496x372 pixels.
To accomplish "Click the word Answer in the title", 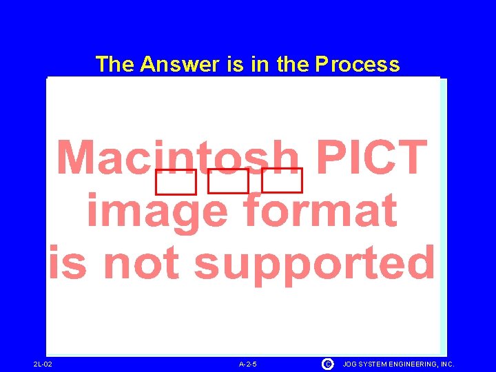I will [179, 64].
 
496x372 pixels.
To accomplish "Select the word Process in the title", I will [357, 64].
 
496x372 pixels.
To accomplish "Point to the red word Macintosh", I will [178, 157].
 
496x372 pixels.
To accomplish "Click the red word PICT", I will [371, 157].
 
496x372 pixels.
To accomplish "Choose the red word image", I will [156, 211].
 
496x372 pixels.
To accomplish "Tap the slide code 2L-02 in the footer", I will [43, 364].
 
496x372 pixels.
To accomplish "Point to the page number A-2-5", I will [248, 364].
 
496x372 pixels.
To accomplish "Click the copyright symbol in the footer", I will [327, 363].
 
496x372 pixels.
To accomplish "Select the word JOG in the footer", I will [351, 364].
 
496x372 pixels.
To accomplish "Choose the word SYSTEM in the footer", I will [376, 364].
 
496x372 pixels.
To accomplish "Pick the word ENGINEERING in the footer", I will [418, 364].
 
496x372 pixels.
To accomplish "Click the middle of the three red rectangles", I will [228, 182].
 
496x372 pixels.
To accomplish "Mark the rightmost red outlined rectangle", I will [282, 180].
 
